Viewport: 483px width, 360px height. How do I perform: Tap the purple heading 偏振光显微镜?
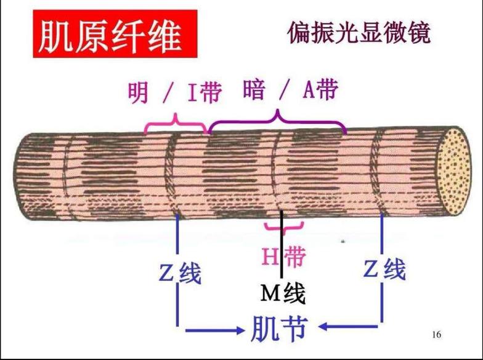[359, 33]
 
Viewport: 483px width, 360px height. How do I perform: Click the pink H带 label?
[283, 256]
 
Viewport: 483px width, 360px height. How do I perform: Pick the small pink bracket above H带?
[284, 227]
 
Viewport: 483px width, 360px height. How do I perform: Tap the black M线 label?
[283, 293]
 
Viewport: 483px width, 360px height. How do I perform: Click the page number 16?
[436, 335]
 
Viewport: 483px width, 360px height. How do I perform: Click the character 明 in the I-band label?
[138, 93]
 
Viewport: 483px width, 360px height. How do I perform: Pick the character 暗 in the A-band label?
[253, 91]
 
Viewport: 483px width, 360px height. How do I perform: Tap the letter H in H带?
[271, 256]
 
